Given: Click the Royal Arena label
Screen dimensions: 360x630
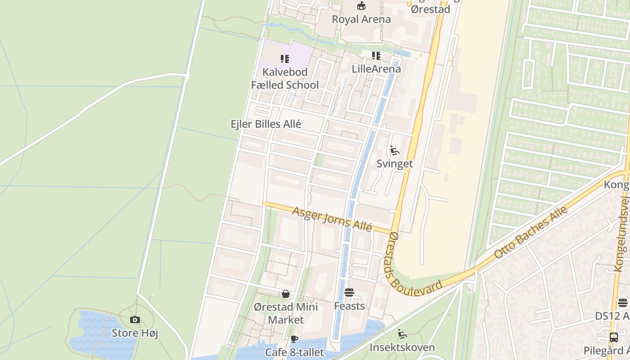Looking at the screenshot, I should coord(361,19).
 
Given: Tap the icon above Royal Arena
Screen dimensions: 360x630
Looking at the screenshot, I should coord(361,6).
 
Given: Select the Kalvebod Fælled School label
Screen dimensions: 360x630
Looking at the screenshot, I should coord(285,78).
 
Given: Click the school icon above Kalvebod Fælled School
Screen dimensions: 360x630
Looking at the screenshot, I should coord(285,59).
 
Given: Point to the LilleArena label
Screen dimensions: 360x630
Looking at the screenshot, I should coord(376,69).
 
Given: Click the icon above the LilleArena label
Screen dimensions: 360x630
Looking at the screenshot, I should coord(376,56).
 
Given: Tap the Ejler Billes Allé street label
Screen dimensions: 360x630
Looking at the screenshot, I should coord(266,124).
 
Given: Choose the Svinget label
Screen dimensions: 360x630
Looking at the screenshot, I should coord(395,163).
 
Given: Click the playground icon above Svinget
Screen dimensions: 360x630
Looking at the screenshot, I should coord(395,150).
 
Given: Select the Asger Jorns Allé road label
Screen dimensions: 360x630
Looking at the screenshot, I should coord(333,219).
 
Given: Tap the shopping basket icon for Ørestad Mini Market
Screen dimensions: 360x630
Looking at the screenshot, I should coord(286,294).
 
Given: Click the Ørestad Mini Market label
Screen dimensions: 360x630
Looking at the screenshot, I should coord(286,314).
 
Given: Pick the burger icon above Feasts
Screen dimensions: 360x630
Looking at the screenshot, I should coord(349,293).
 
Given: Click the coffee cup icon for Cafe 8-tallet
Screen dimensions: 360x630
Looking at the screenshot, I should coord(294,339).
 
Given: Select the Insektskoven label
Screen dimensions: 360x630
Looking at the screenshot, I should coord(402,347).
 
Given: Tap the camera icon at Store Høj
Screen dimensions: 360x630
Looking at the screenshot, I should coord(135,320).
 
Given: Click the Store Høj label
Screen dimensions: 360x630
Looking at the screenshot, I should coord(135,333).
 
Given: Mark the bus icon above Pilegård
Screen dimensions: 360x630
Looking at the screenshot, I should coord(614,337).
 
